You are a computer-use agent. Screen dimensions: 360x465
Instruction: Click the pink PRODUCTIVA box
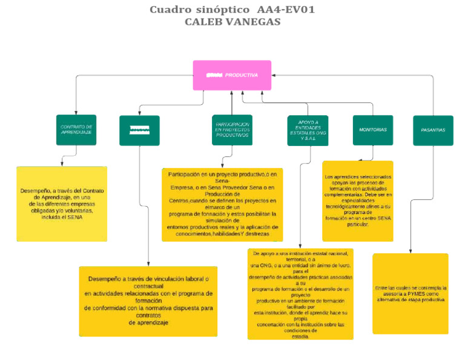click(232, 75)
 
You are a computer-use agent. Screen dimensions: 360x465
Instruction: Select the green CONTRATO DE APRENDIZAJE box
click(76, 130)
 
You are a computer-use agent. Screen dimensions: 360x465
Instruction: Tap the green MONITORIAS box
click(372, 130)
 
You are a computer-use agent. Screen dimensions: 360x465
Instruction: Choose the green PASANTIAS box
click(433, 130)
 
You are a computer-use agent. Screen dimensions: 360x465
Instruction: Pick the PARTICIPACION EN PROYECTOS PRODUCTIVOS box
click(232, 130)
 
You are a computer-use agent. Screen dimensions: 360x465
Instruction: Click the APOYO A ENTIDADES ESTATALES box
click(308, 130)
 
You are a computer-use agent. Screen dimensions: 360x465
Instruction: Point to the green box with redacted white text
click(139, 130)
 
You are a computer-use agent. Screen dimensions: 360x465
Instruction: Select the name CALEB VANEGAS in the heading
click(232, 22)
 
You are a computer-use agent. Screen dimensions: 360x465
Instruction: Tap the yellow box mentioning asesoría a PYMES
click(411, 293)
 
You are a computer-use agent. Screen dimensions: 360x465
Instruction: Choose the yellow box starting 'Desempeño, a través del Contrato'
click(62, 204)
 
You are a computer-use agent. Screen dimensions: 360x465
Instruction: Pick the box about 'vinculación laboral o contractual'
click(148, 301)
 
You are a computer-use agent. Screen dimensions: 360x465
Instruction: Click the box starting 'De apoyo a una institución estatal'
click(300, 294)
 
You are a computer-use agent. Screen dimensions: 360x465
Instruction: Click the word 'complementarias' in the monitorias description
click(345, 195)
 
